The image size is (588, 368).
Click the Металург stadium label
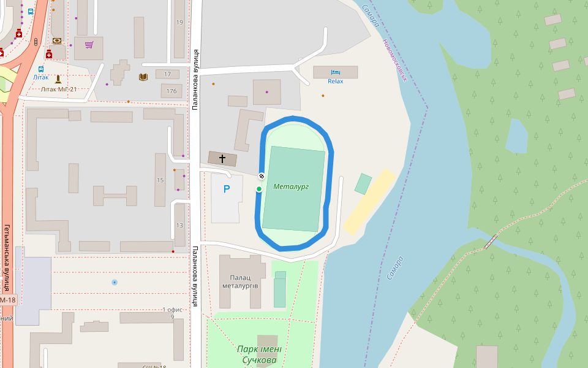click(x=291, y=186)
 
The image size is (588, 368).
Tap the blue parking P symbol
click(x=227, y=190)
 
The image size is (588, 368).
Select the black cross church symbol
click(x=222, y=159)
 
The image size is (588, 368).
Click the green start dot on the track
click(x=259, y=189)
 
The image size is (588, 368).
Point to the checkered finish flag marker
click(x=262, y=176)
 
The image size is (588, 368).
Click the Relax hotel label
click(x=336, y=81)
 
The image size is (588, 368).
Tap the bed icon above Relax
click(x=336, y=72)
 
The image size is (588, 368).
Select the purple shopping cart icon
click(x=89, y=44)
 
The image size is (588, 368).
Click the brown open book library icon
click(x=143, y=77)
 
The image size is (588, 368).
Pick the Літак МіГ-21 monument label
click(x=59, y=89)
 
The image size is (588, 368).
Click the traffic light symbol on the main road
click(x=36, y=42)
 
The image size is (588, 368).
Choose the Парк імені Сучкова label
click(x=259, y=355)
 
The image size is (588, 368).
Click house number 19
click(x=179, y=22)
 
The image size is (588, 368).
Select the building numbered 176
click(x=171, y=91)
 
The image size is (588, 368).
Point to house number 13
click(x=179, y=225)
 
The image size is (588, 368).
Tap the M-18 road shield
click(x=8, y=300)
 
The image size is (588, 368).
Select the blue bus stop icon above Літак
click(x=41, y=69)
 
